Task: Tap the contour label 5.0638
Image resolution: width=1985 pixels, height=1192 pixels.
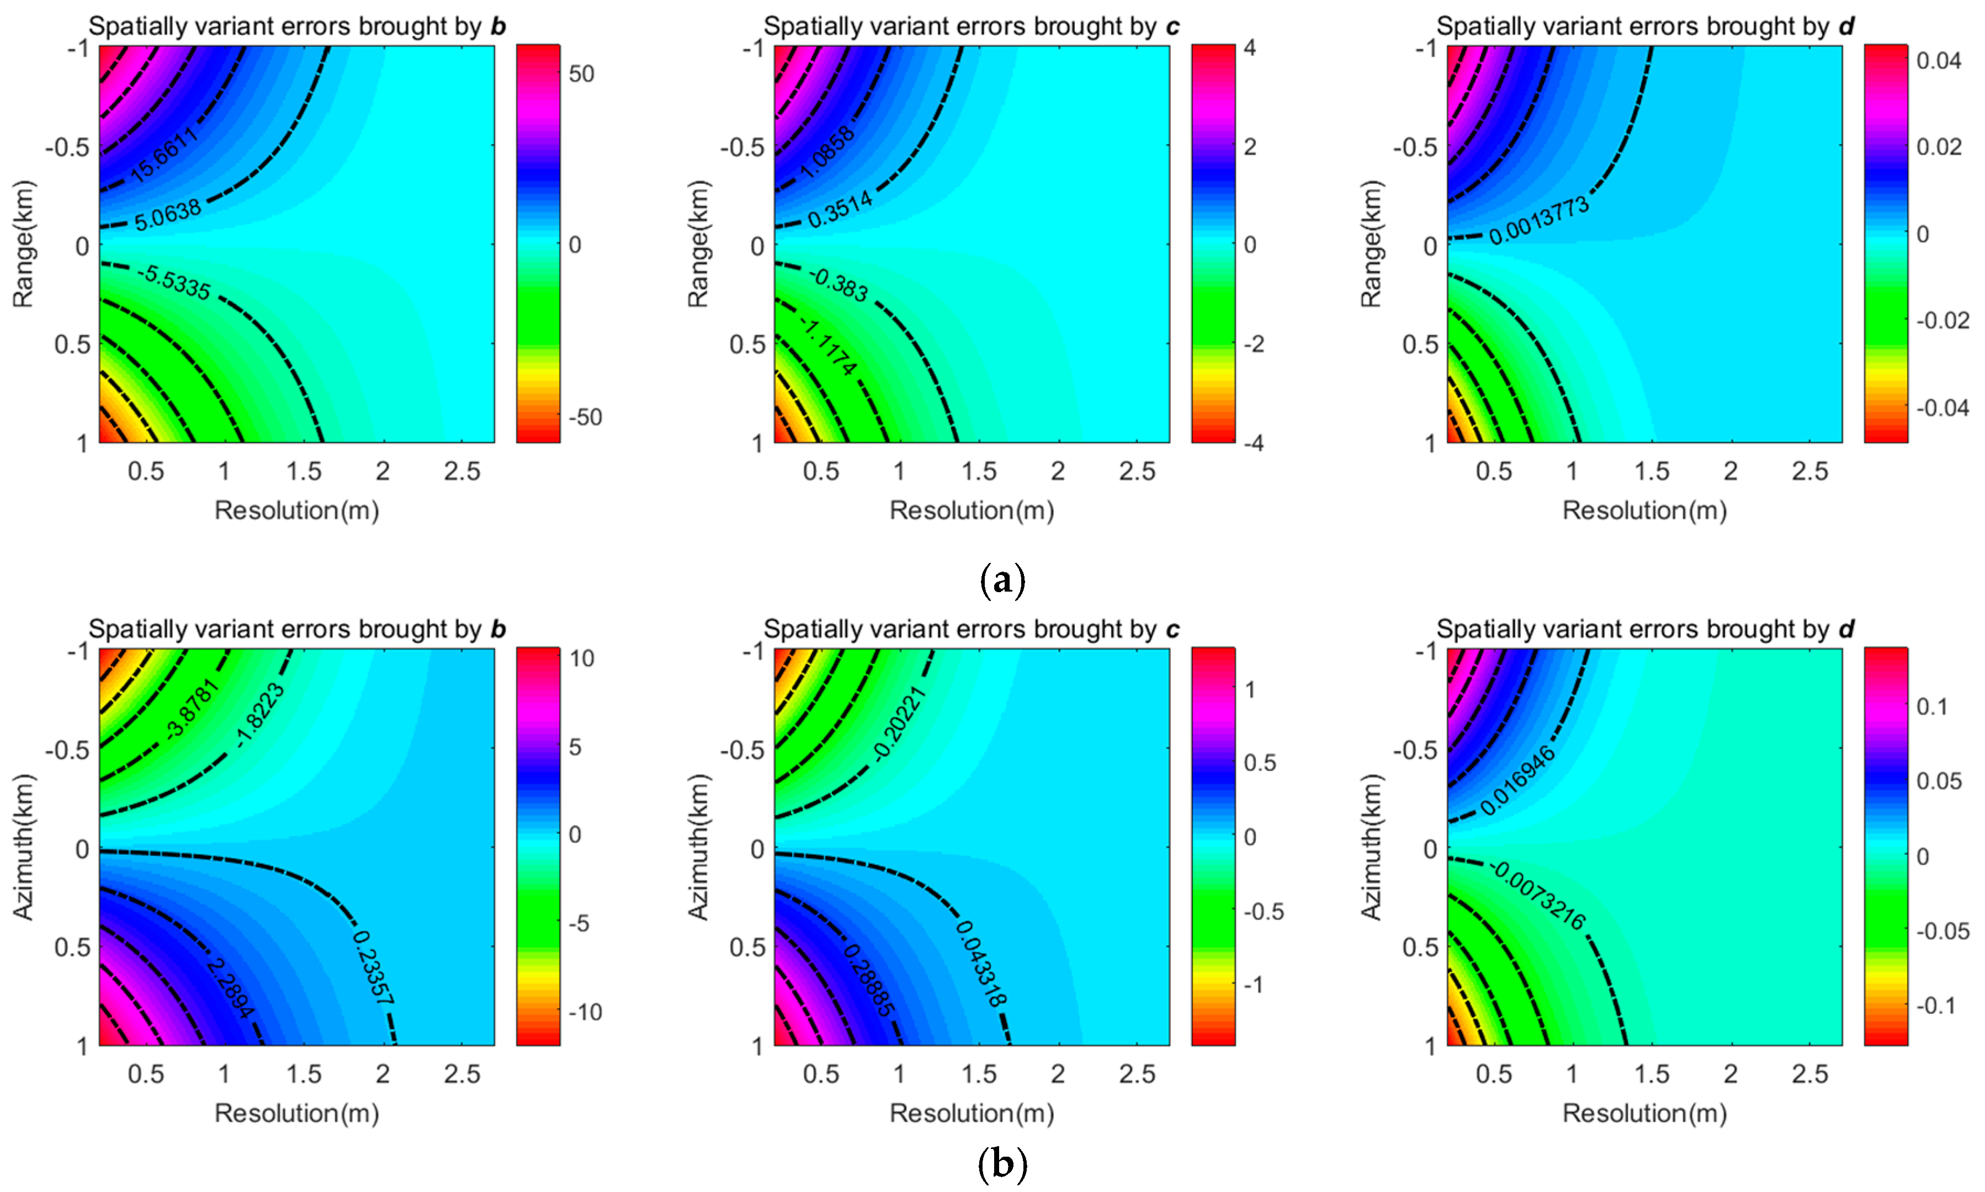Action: (167, 215)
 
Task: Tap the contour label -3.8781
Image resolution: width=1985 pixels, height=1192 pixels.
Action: (191, 707)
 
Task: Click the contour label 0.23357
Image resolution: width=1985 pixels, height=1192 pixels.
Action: (374, 967)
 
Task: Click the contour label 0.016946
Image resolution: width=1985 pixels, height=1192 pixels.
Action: (1517, 780)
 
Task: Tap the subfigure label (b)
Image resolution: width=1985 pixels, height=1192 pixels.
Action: (1002, 1163)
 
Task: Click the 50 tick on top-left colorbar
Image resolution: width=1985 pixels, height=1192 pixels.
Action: (581, 74)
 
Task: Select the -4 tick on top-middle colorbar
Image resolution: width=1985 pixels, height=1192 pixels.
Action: (1252, 443)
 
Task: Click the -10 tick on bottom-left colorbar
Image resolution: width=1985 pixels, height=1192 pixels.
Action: (585, 1012)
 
